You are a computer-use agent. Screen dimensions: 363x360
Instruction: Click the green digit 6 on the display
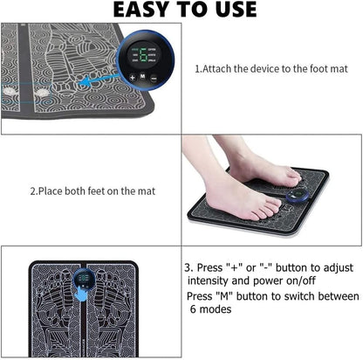(x=143, y=55)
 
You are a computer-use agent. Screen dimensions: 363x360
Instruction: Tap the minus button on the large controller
(x=154, y=78)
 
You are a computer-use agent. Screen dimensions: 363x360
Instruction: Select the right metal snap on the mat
(x=43, y=93)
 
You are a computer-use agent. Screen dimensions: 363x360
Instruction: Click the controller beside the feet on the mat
(x=297, y=196)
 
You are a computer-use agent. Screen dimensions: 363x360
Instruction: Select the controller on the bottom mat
(x=84, y=279)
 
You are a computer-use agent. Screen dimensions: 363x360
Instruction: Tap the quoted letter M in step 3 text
(x=224, y=296)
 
